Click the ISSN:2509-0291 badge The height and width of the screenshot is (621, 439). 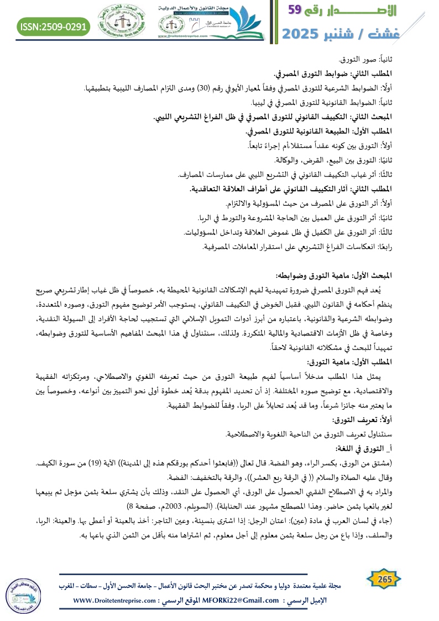pos(54,26)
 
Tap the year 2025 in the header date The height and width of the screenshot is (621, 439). pos(305,35)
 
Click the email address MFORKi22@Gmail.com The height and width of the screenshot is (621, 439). pos(232,600)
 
